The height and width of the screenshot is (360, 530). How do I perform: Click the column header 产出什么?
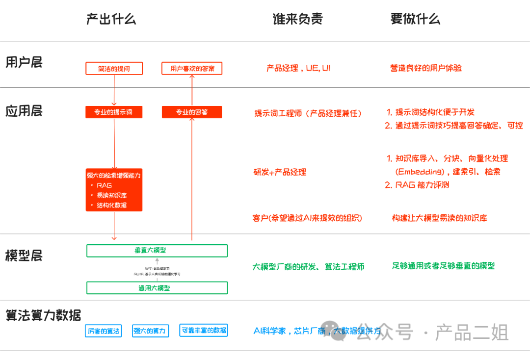click(111, 19)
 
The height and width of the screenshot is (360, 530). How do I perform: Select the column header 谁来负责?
click(297, 19)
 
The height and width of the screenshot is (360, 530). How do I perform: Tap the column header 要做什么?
click(415, 19)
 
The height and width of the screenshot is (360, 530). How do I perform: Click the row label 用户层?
click(24, 62)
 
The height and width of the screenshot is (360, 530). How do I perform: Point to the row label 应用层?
click(24, 111)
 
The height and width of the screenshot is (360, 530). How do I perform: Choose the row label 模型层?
click(24, 256)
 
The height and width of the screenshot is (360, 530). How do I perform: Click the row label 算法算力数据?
click(43, 315)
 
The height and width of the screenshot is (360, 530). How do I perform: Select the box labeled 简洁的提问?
click(114, 68)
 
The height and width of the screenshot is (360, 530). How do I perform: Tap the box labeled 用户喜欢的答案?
click(192, 68)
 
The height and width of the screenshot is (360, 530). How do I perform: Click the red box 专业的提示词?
click(114, 112)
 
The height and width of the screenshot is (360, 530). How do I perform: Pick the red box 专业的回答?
click(192, 112)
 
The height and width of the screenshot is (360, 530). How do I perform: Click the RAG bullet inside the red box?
click(104, 185)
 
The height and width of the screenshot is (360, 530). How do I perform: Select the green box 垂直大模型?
click(157, 250)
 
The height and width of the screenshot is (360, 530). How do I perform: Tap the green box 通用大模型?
click(157, 288)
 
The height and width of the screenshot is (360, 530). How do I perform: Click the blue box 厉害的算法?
click(103, 331)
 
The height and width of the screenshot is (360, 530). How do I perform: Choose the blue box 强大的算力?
click(150, 331)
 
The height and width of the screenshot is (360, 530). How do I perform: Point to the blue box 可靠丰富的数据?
click(204, 331)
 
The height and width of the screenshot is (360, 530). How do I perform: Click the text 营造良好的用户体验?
click(426, 68)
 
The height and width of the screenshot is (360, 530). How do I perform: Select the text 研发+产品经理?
click(280, 172)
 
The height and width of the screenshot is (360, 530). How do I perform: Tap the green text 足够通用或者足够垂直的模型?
click(443, 266)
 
